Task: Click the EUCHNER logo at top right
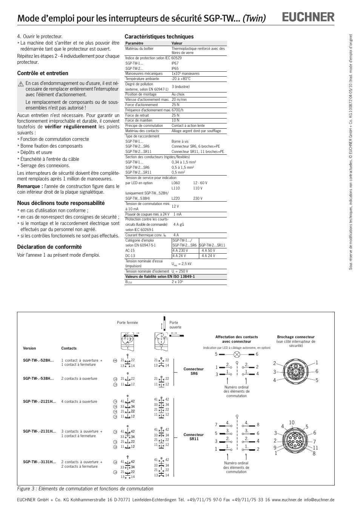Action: pos(309,17)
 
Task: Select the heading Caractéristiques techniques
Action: pos(159,37)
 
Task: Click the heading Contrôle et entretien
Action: pos(43,73)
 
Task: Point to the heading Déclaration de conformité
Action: pos(49,247)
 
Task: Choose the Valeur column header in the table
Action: pos(177,43)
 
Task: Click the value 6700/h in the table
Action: pos(178,110)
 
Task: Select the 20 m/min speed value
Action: pos(179,100)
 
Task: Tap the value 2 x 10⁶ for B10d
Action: pos(177,282)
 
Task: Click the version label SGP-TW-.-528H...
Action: pos(38,361)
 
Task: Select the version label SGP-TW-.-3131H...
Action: pos(39,462)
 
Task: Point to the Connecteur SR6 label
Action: pos(193,371)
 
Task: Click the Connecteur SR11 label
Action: pos(193,437)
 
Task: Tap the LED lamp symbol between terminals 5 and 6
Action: pos(237,354)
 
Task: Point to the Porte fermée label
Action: pos(128,323)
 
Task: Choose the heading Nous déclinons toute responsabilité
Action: pos(61,203)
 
